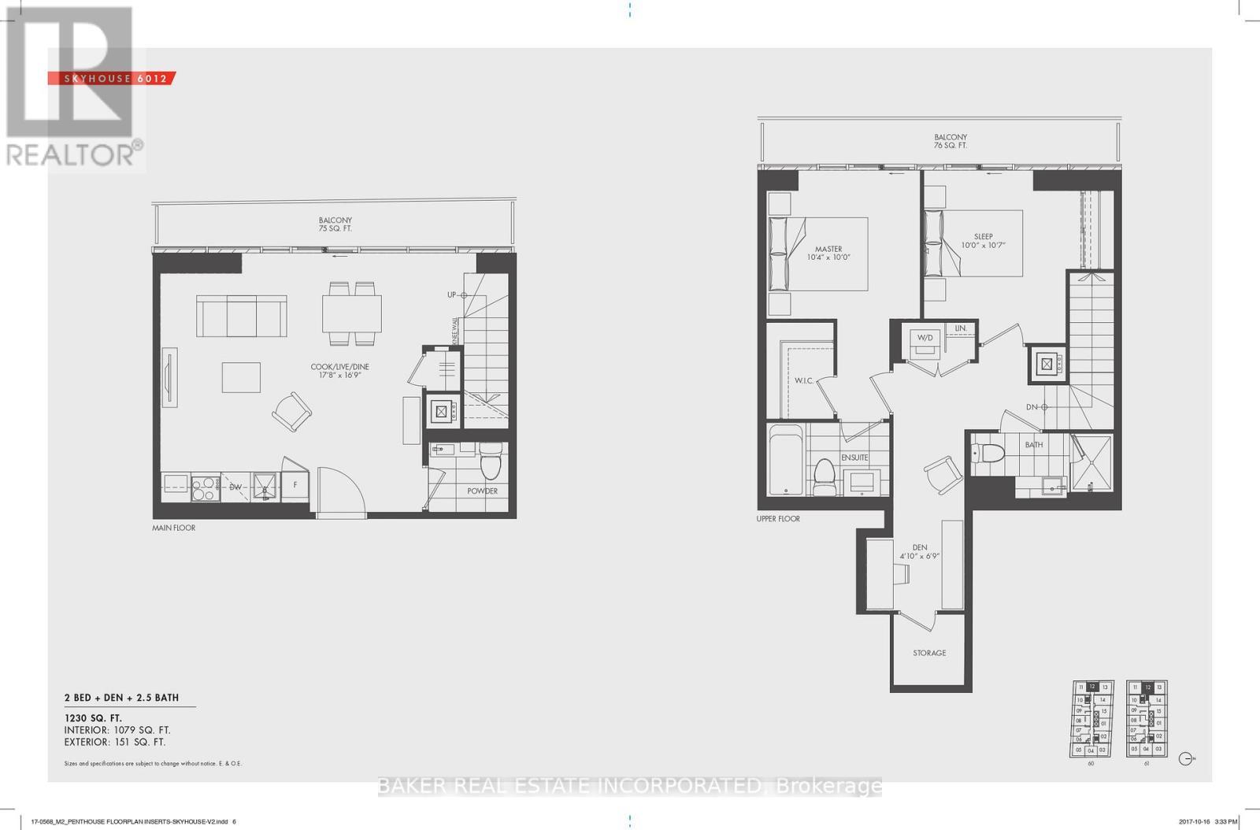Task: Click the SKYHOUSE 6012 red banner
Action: [x=111, y=78]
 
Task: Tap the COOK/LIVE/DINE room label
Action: [x=339, y=367]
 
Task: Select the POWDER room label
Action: [x=482, y=491]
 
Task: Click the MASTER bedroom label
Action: [x=828, y=249]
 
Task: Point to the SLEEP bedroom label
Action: [x=983, y=236]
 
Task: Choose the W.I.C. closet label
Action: [x=803, y=380]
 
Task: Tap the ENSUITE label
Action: [x=854, y=457]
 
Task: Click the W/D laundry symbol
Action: [x=925, y=338]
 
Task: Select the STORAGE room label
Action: [x=929, y=653]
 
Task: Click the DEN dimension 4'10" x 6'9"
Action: [x=920, y=556]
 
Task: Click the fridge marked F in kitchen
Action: [x=295, y=485]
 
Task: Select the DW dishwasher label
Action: [x=235, y=487]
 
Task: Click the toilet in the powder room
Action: [x=490, y=462]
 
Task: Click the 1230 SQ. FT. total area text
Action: [x=93, y=718]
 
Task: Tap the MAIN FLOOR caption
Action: [x=173, y=528]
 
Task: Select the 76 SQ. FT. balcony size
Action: [x=951, y=146]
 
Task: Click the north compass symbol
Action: [x=1187, y=759]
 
